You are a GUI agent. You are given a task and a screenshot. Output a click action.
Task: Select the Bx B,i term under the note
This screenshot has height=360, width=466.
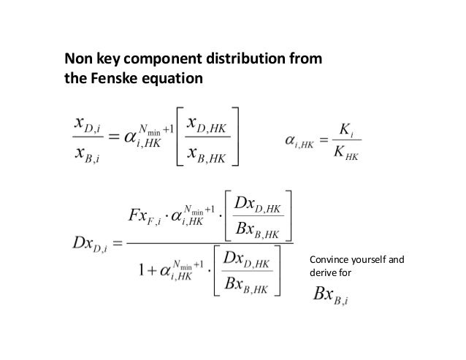(333, 295)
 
